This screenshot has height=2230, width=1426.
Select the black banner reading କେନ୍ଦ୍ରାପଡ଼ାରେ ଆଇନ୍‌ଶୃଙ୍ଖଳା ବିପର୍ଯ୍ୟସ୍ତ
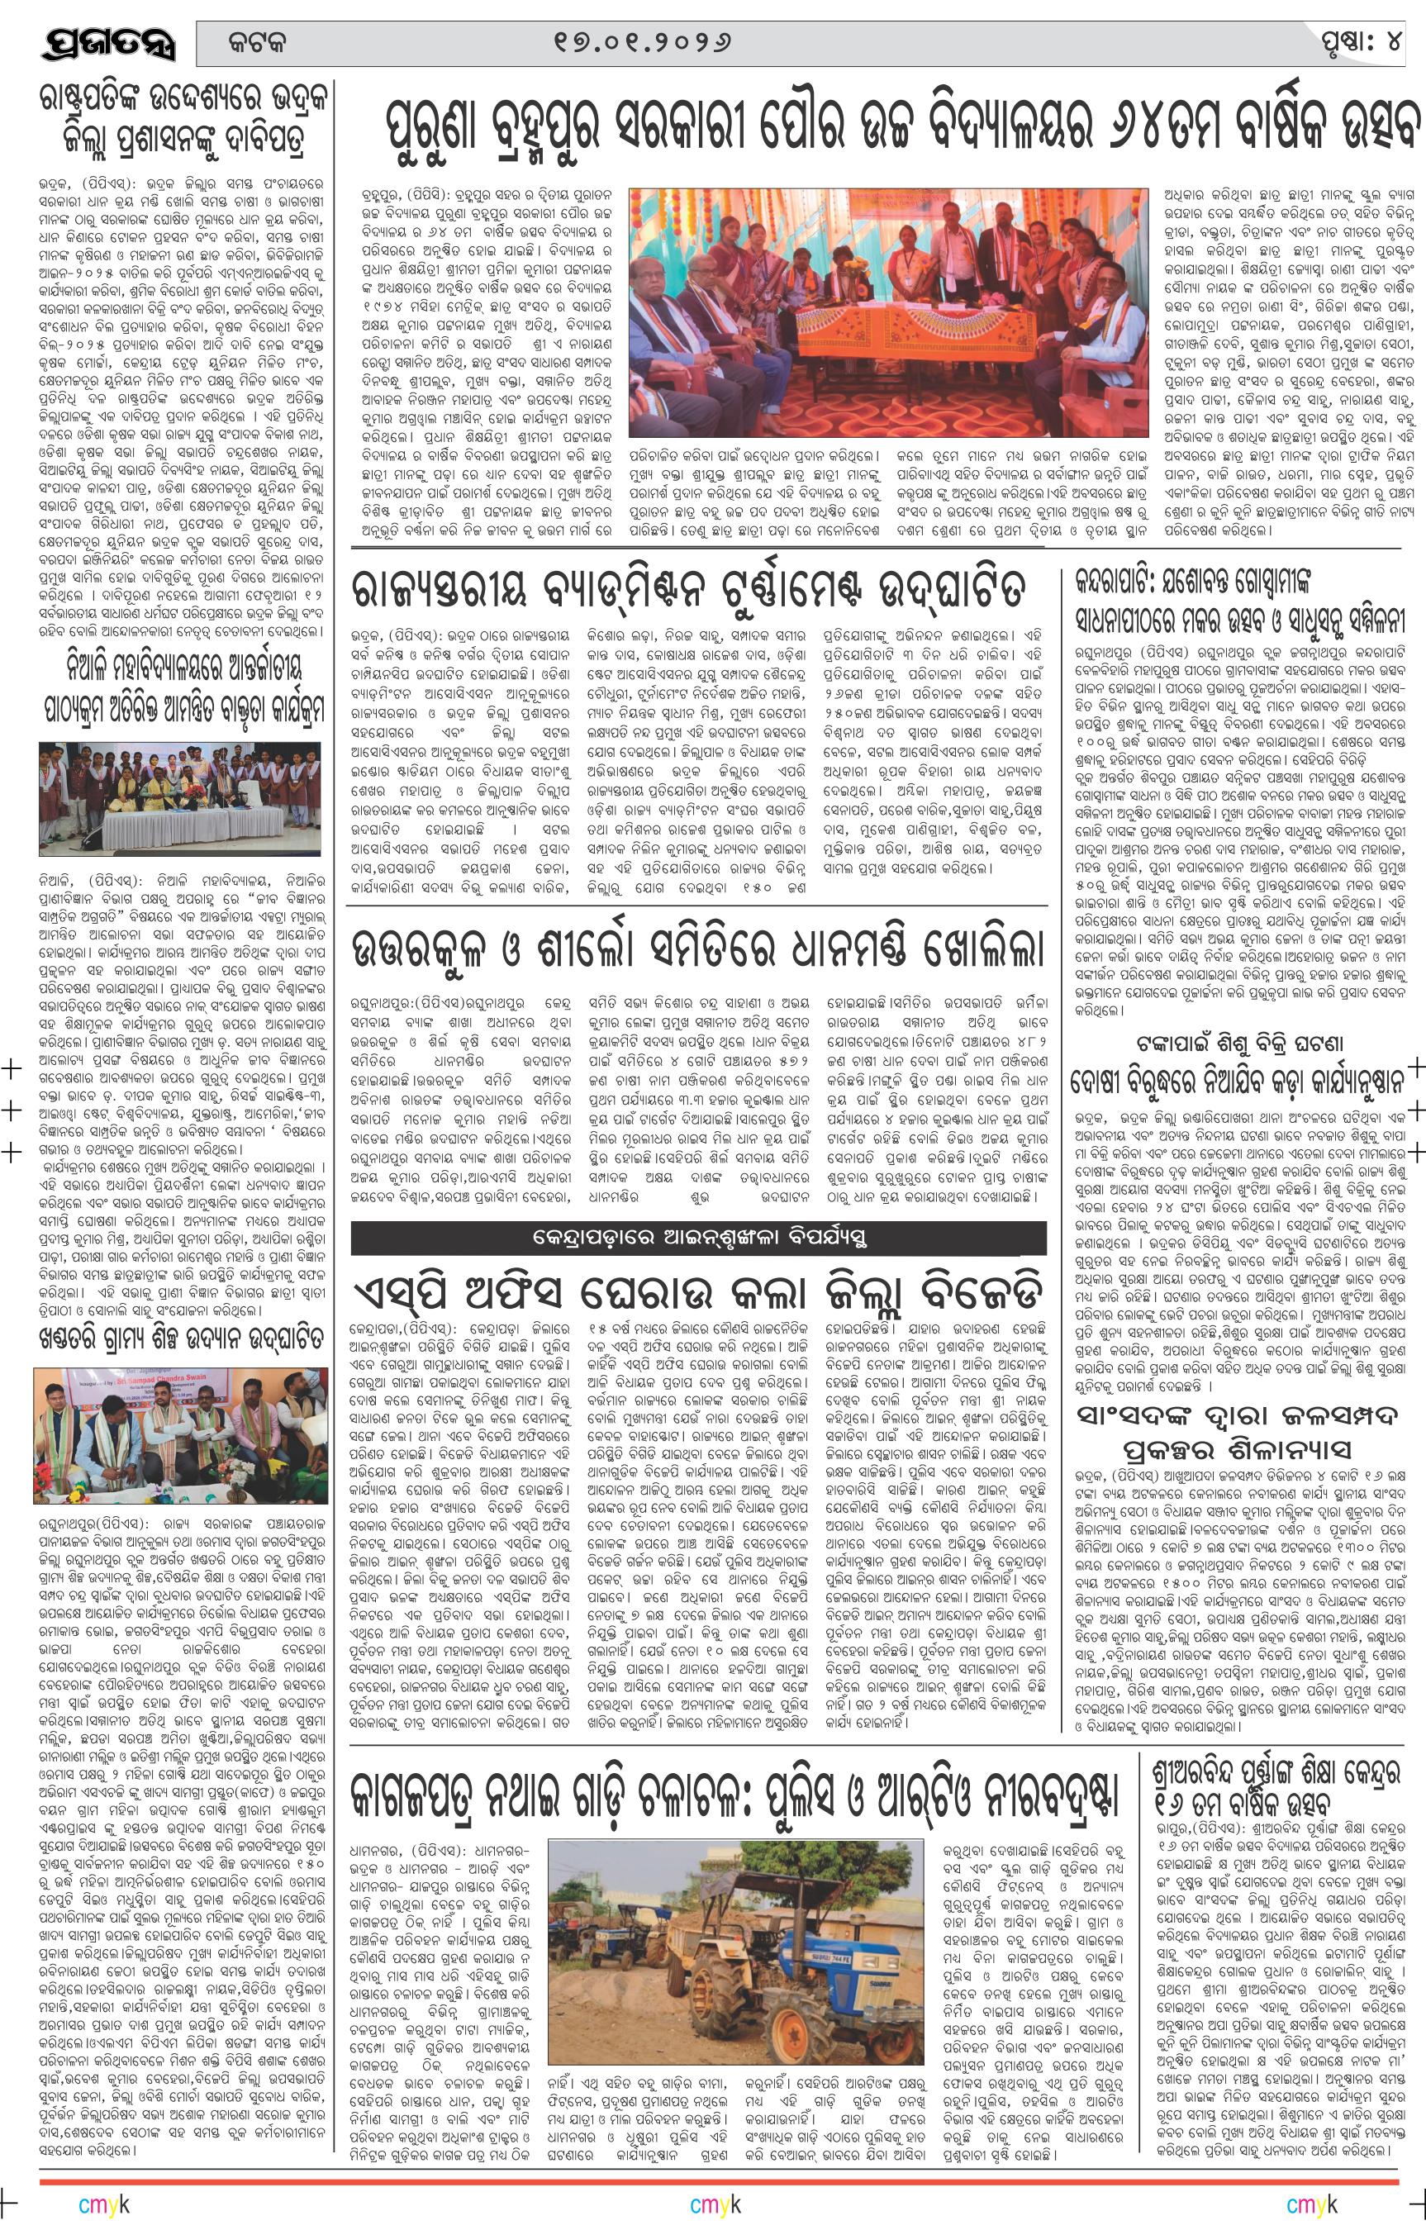[x=699, y=1236]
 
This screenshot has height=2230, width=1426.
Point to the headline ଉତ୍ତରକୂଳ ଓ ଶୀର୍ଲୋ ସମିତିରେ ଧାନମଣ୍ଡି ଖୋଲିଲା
[x=698, y=953]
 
